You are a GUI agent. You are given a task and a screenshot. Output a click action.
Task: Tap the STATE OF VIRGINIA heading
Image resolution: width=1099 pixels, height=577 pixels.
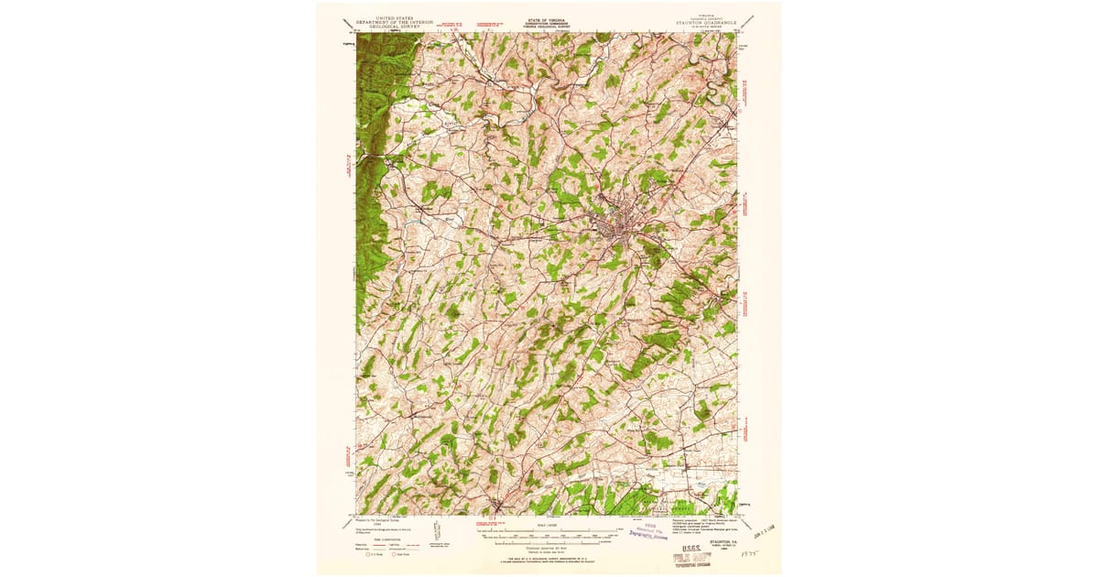point(547,16)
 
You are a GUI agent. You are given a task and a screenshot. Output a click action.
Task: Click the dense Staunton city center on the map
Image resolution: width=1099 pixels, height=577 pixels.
point(611,229)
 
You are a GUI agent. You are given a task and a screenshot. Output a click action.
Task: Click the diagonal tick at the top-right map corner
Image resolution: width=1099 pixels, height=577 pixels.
point(749,21)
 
